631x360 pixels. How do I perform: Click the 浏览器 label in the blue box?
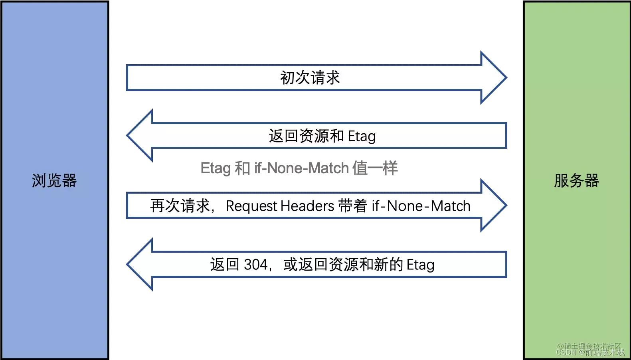[x=54, y=181]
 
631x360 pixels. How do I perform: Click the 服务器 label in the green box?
[x=576, y=181]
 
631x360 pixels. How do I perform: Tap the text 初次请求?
[x=310, y=78]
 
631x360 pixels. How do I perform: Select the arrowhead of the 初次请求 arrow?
[x=493, y=77]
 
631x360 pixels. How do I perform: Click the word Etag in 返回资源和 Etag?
[x=362, y=136]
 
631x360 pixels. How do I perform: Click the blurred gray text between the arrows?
[x=300, y=168]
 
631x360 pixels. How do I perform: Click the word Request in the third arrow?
[x=251, y=206]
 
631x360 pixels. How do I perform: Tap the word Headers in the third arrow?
[x=307, y=206]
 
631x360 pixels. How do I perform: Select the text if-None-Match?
[x=421, y=206]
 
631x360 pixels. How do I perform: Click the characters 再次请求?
[x=180, y=206]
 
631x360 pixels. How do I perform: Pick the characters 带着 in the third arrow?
[x=352, y=206]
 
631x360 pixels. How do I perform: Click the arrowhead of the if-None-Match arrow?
[x=493, y=205]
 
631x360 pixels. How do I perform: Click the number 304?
[x=255, y=265]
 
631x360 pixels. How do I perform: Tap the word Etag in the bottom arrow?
[x=420, y=265]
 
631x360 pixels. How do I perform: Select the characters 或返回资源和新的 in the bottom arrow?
[x=343, y=265]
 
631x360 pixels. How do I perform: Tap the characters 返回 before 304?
[x=225, y=265]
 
